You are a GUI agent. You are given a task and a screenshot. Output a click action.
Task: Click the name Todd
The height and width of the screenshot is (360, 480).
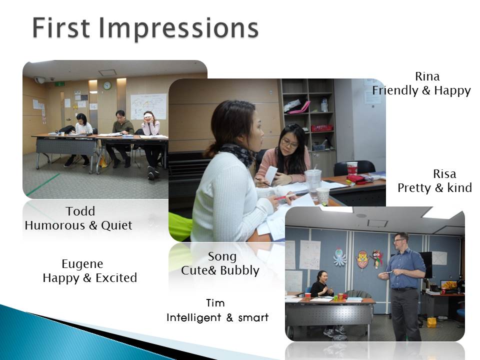pyautogui.click(x=80, y=211)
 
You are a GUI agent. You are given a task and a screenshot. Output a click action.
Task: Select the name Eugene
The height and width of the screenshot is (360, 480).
pyautogui.click(x=82, y=264)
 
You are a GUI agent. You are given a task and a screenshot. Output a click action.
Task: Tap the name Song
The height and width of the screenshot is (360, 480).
pyautogui.click(x=222, y=256)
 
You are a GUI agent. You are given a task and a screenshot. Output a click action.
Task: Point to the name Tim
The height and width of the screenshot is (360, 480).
pyautogui.click(x=215, y=303)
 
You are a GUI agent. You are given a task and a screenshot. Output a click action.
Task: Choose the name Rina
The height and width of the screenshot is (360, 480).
pyautogui.click(x=427, y=76)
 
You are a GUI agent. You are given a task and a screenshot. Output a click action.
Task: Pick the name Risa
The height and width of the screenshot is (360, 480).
pyautogui.click(x=444, y=174)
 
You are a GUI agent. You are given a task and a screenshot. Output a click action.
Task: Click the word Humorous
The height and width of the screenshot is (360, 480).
pyautogui.click(x=55, y=225)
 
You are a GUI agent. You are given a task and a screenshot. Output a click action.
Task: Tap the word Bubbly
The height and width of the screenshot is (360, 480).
pyautogui.click(x=239, y=270)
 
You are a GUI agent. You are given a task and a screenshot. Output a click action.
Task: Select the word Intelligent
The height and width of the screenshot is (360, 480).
pyautogui.click(x=193, y=317)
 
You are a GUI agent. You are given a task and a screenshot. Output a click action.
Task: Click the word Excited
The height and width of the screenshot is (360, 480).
pyautogui.click(x=116, y=278)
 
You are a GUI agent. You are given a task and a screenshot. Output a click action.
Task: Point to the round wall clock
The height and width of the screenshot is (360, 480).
pyautogui.click(x=107, y=85)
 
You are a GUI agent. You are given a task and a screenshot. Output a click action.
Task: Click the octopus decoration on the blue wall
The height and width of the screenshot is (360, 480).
pyautogui.click(x=340, y=257)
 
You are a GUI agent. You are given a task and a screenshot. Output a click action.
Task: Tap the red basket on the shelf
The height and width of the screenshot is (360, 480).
pyautogui.click(x=321, y=127)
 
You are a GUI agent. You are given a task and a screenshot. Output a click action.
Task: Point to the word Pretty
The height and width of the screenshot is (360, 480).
pyautogui.click(x=414, y=188)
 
